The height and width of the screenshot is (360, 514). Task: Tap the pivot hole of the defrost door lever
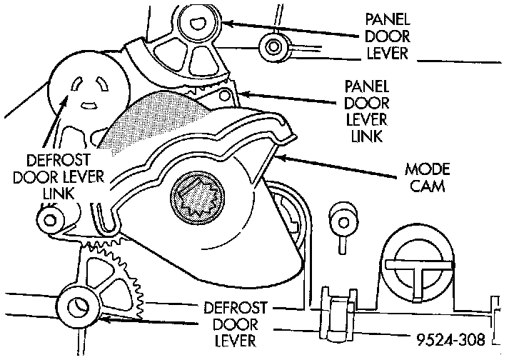(x=74, y=308)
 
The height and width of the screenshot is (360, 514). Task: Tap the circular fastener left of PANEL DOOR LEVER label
(x=273, y=48)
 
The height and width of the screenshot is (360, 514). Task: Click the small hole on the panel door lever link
(x=226, y=96)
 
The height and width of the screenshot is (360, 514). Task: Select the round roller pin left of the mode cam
(x=51, y=219)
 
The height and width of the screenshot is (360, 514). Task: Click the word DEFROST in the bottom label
(x=235, y=309)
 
